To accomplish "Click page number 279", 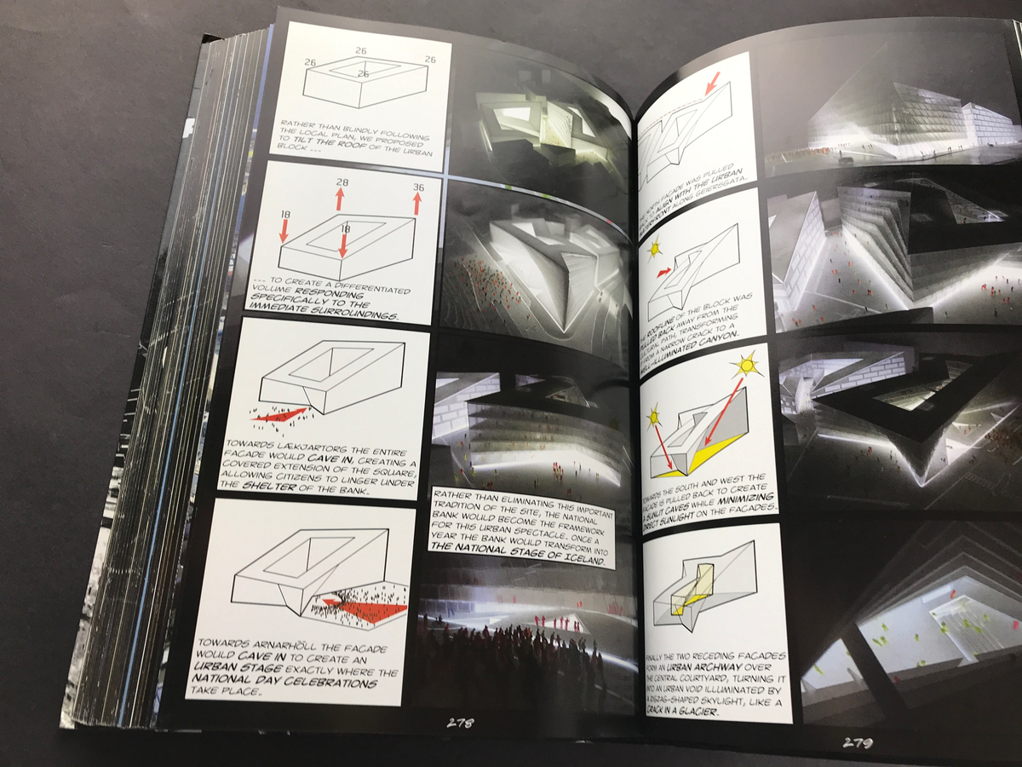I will click(x=858, y=741).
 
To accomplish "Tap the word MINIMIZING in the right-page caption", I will click(x=751, y=497).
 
